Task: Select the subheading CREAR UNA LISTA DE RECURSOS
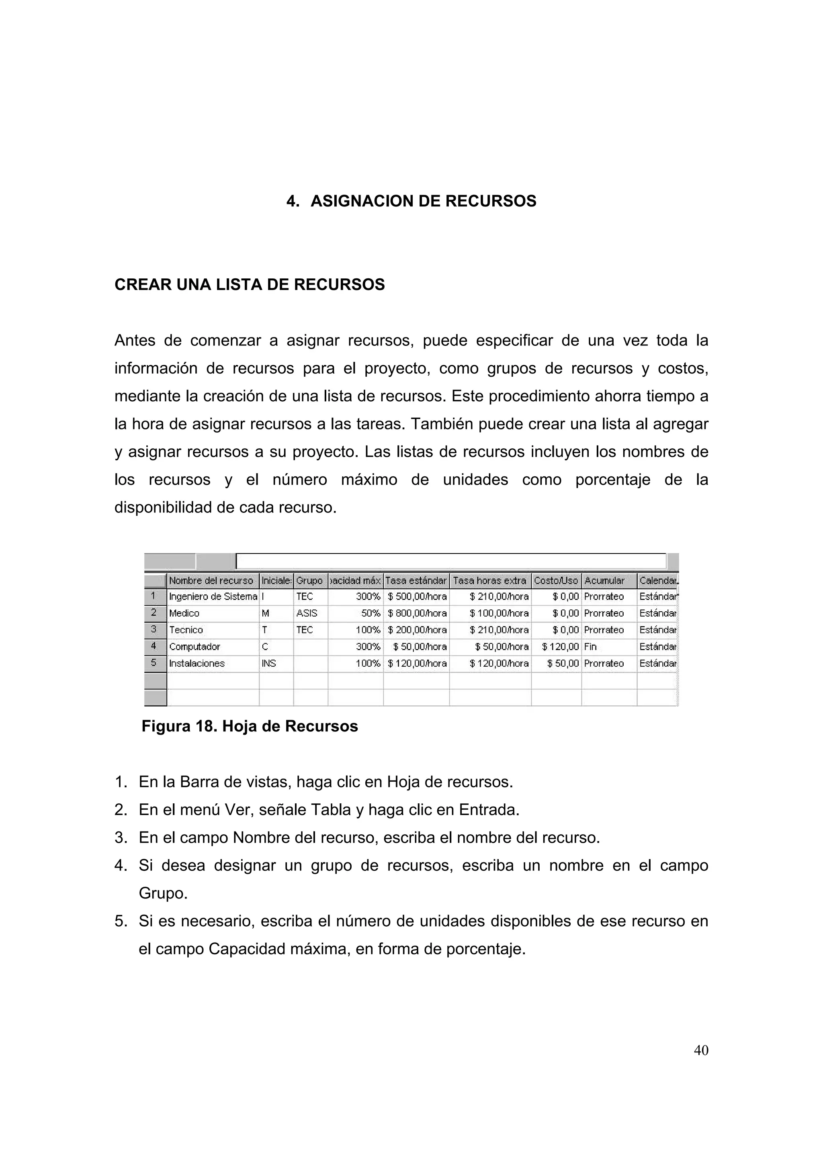250,285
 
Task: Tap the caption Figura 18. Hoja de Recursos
250,726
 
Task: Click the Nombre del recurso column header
211,580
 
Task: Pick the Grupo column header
309,580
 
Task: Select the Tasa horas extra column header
489,580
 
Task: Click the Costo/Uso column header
556,580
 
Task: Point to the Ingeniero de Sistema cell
213,597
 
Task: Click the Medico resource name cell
184,613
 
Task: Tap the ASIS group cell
307,613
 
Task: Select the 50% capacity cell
371,613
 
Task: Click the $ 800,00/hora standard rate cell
417,613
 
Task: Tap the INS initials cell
269,664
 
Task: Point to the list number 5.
120,921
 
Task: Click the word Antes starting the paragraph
134,340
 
